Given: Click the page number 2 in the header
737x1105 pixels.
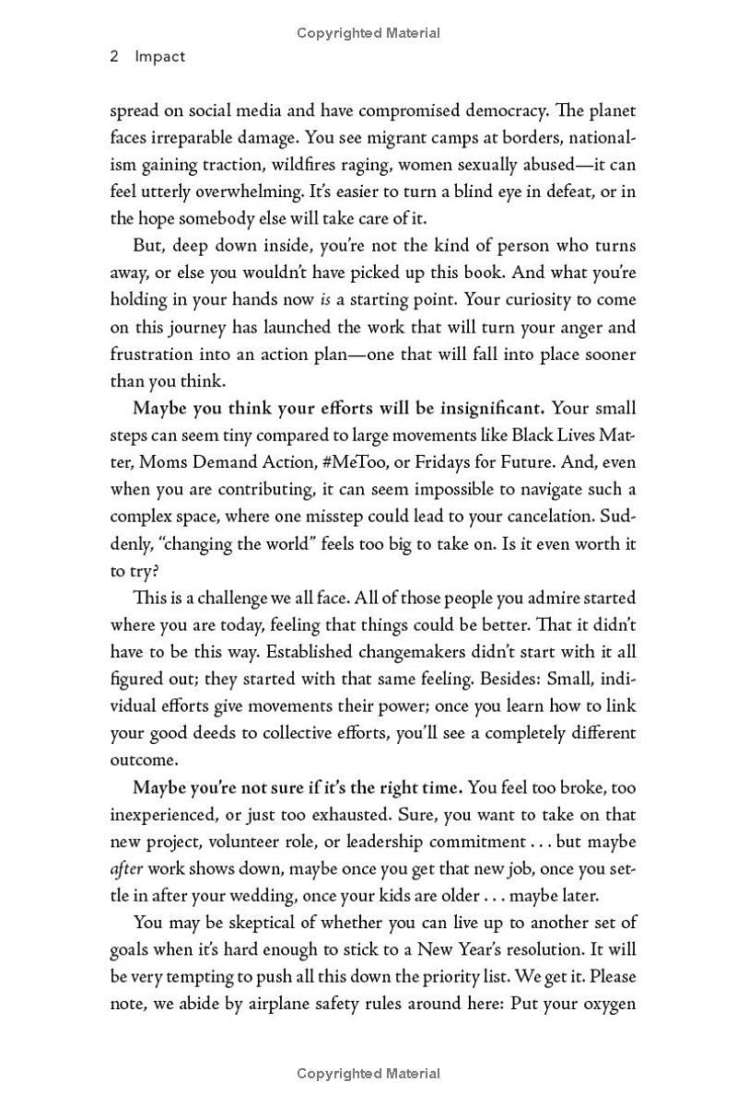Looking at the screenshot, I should pos(114,56).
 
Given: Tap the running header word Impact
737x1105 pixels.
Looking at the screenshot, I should pos(159,56).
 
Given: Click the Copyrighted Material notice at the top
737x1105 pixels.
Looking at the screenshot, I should pos(368,33).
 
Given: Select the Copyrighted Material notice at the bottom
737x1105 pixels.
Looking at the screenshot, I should pos(368,1074).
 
